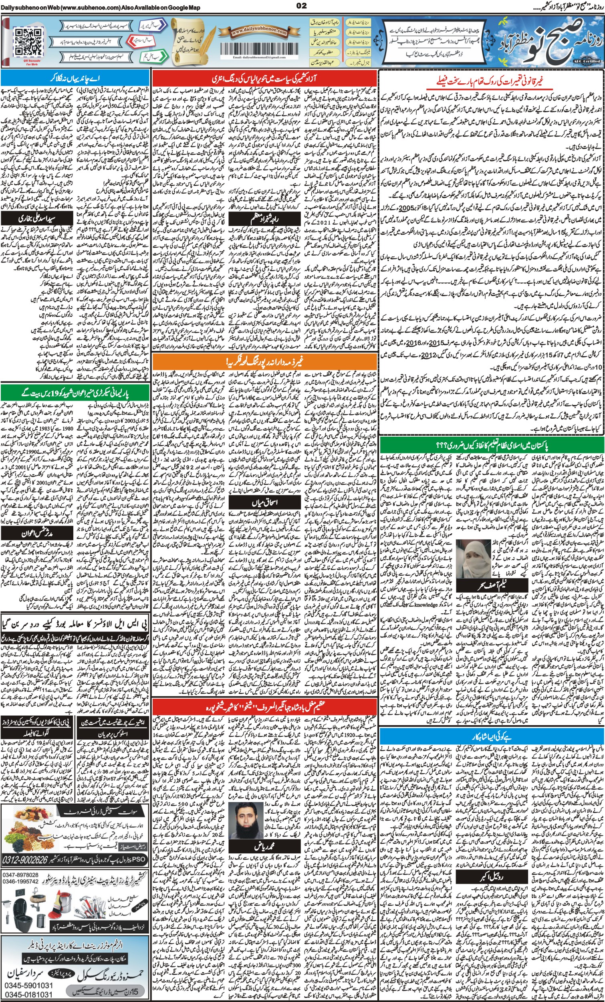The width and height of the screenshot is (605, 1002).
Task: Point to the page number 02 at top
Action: [302, 5]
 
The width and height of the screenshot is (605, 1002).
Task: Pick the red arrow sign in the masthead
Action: [141, 41]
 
